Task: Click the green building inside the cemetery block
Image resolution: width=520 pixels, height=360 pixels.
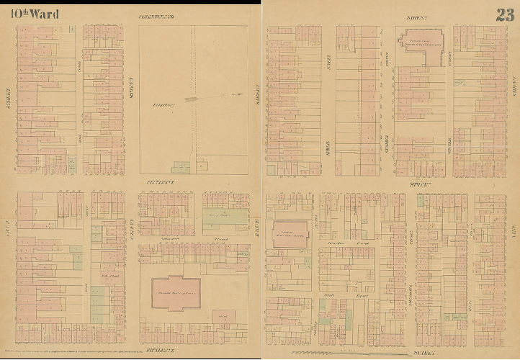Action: point(183,166)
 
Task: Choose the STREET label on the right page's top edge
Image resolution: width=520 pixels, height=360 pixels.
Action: point(418,16)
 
